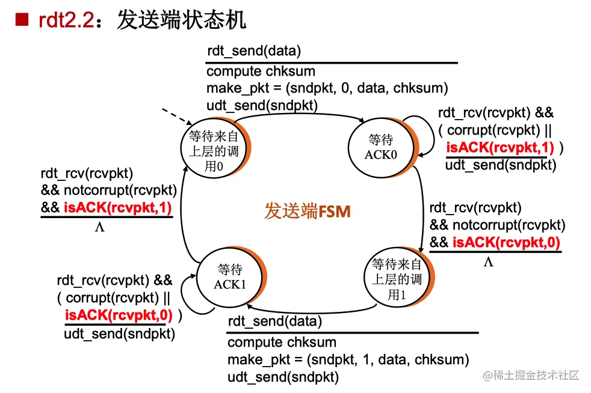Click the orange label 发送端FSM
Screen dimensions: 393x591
pyautogui.click(x=307, y=211)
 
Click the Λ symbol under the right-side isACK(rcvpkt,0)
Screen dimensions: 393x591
pyautogui.click(x=488, y=262)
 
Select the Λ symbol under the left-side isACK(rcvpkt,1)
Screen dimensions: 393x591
pyautogui.click(x=100, y=227)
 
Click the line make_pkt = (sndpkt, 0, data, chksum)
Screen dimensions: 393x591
pyautogui.click(x=327, y=88)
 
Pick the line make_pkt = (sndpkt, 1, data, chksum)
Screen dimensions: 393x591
pyautogui.click(x=348, y=360)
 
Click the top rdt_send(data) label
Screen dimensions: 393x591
pyautogui.click(x=253, y=50)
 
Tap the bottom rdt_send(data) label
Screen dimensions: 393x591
pyautogui.click(x=274, y=321)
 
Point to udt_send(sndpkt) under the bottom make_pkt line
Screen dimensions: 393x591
pyautogui.click(x=283, y=377)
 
